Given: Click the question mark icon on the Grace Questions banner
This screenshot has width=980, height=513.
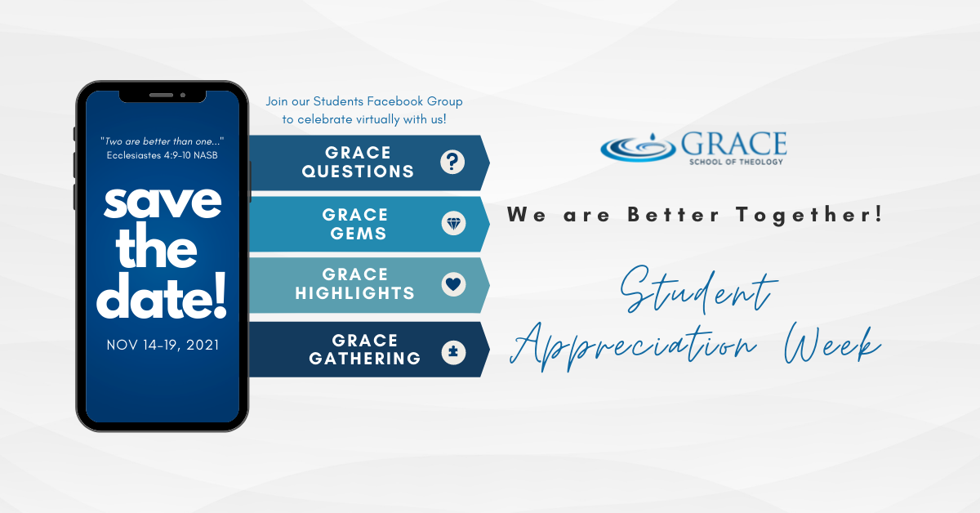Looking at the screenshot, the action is [x=452, y=162].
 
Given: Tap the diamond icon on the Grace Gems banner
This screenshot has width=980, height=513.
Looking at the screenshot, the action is [x=453, y=224].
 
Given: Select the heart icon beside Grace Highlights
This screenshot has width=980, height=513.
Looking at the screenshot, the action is [x=453, y=284].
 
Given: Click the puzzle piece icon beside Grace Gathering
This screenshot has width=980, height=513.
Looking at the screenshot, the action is [x=453, y=352].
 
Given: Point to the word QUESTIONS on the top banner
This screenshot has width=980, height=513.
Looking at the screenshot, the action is [x=358, y=172].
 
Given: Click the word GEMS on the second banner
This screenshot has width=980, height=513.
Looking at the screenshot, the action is [x=359, y=234].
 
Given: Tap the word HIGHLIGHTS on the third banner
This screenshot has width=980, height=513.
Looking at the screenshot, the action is [x=354, y=293].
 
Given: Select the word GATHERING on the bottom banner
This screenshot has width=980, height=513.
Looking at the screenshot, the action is [x=365, y=359].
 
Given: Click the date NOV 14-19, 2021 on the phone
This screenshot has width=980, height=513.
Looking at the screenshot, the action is [x=163, y=346].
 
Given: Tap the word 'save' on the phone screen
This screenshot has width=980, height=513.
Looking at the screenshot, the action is [x=163, y=203].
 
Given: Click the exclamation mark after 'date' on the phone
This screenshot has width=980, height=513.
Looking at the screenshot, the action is [x=220, y=295].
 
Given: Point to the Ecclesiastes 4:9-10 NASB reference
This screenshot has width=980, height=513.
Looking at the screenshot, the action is [x=163, y=155].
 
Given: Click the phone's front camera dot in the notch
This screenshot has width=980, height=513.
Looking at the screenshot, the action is [x=183, y=95].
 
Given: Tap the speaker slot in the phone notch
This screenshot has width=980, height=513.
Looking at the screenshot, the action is [x=161, y=95].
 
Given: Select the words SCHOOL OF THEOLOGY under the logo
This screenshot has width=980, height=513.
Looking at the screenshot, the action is [x=737, y=162].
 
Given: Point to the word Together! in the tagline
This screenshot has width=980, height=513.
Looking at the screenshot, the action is [x=809, y=216].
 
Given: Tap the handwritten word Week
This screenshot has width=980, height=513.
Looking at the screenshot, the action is [x=832, y=346].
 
